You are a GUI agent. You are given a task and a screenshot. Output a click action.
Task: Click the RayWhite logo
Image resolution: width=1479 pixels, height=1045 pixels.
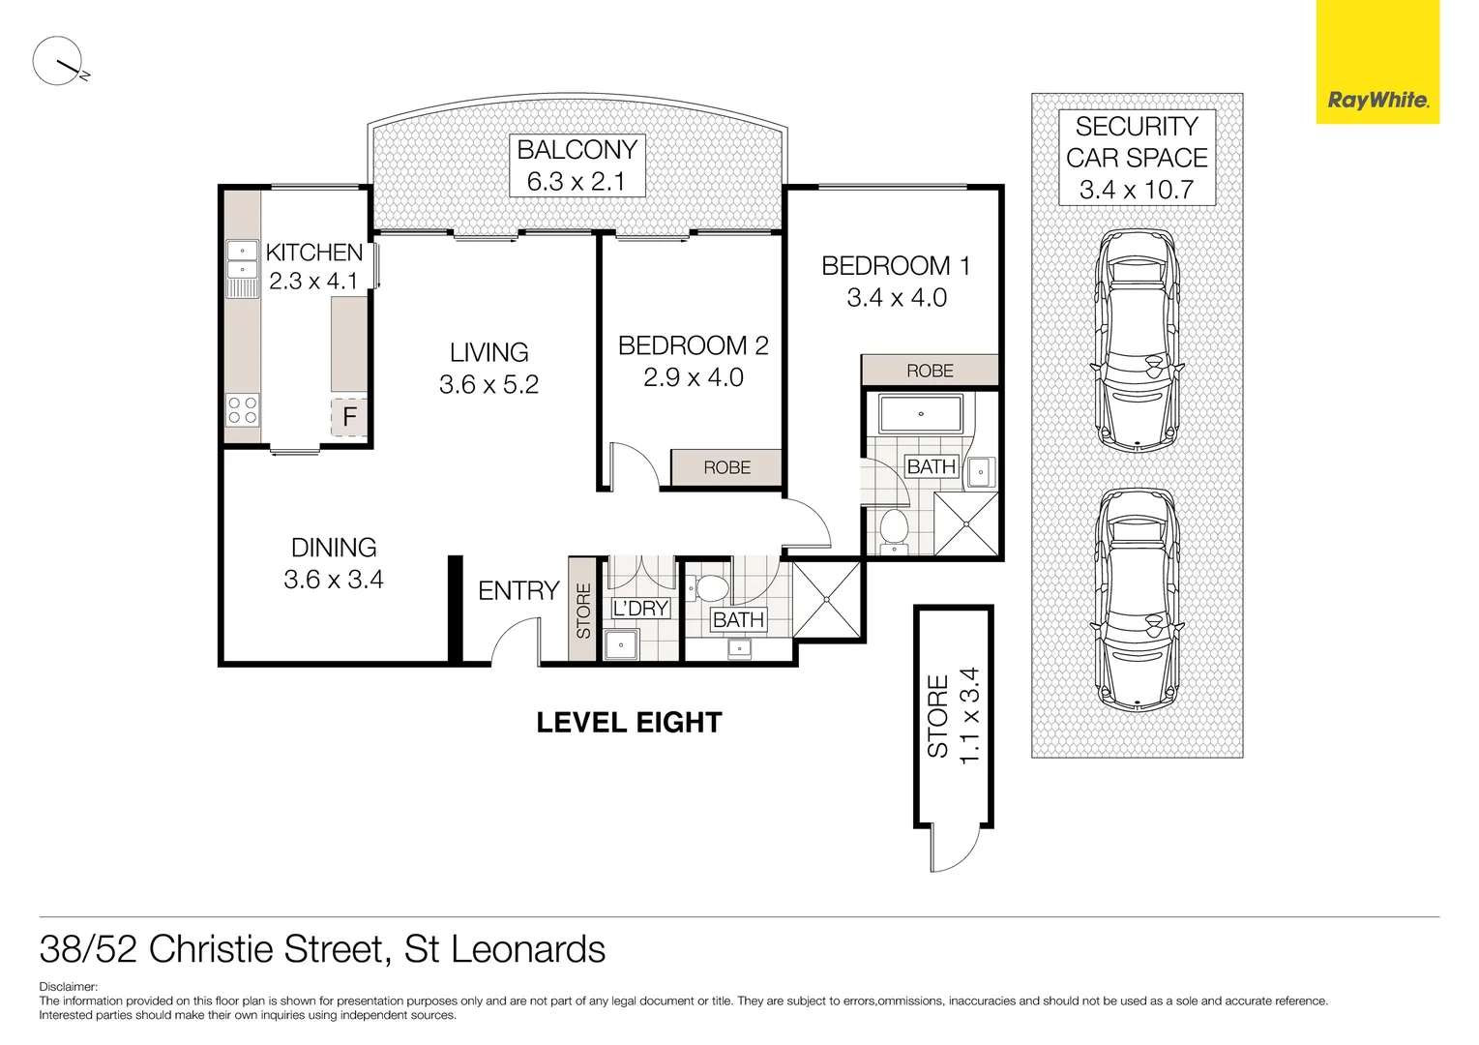(1377, 100)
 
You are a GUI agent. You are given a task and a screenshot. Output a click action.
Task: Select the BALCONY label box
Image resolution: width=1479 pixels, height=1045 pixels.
(577, 165)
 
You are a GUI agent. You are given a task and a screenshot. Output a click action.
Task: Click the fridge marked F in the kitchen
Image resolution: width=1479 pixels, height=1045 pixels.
(349, 417)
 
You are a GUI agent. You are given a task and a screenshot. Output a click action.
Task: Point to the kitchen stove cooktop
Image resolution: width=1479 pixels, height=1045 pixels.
(242, 410)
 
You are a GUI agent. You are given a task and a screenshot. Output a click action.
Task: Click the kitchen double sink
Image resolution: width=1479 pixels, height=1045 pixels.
(242, 259)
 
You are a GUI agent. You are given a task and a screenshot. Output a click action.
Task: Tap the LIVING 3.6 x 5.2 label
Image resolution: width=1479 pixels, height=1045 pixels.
(488, 369)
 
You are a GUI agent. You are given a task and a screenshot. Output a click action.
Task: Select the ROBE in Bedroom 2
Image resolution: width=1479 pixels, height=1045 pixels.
(726, 467)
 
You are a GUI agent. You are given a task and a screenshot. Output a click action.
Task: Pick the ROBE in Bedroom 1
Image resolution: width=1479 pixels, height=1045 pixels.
(929, 371)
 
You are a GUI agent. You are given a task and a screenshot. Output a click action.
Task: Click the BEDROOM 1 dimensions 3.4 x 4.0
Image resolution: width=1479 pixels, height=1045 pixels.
(897, 298)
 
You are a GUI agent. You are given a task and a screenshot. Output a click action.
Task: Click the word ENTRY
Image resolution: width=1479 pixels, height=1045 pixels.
(518, 591)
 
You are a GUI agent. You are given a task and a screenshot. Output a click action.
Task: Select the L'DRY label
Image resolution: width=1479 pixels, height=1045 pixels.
(640, 609)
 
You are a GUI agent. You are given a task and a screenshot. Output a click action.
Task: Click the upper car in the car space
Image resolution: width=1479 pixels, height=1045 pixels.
(1137, 341)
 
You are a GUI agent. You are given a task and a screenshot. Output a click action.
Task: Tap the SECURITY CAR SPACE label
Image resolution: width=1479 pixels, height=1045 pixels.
(1137, 158)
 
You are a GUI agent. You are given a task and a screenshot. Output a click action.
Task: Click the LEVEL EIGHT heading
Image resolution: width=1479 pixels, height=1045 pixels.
(629, 723)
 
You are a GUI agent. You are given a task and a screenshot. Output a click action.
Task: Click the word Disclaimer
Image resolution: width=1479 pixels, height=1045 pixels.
(68, 987)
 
